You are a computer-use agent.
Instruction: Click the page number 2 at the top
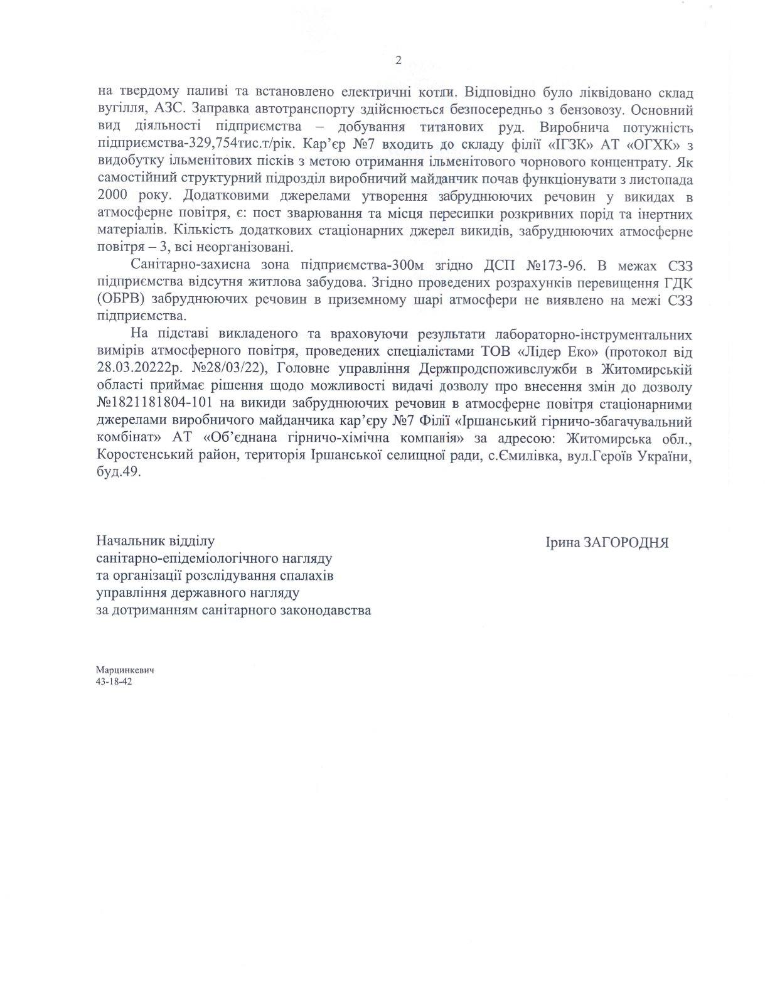tap(397, 60)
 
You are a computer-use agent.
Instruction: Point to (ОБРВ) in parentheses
tap(121, 298)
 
